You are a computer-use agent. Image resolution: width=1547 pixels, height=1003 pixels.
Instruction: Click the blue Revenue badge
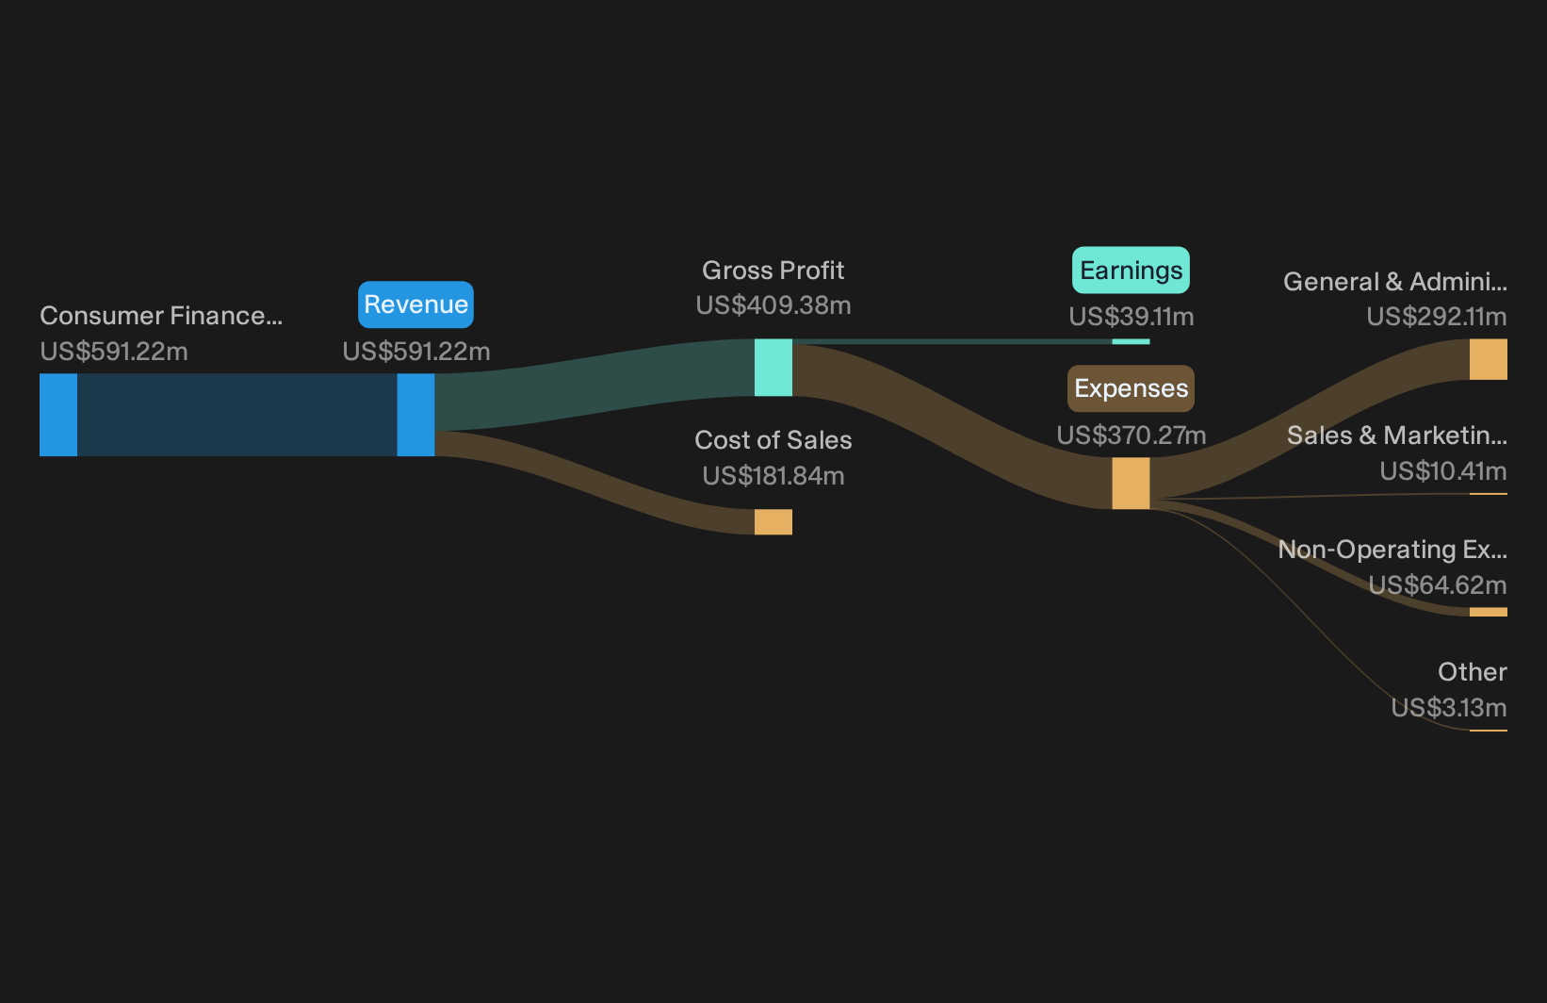point(415,304)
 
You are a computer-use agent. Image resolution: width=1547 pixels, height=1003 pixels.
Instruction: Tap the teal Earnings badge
point(1131,271)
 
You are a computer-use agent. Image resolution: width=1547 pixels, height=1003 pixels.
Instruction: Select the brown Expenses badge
point(1131,388)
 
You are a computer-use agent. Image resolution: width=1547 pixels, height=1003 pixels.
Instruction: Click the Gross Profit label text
point(773,271)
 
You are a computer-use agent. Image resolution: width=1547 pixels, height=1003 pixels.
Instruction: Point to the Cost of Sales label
point(773,440)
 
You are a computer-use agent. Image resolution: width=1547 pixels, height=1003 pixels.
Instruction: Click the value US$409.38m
point(773,305)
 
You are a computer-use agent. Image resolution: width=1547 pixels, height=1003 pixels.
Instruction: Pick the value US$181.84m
point(773,476)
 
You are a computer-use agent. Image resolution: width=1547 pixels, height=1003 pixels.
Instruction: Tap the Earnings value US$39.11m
point(1131,317)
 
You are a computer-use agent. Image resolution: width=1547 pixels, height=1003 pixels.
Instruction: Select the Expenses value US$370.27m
point(1131,436)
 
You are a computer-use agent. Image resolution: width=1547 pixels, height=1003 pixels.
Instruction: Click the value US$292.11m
point(1437,317)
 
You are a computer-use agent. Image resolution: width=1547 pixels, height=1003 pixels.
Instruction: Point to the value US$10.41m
point(1442,471)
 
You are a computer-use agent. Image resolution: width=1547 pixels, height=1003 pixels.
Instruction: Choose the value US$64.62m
point(1437,585)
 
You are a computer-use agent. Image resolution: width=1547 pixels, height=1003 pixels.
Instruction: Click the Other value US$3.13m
point(1448,708)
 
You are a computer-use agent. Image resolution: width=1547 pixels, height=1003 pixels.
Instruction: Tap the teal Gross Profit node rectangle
point(773,367)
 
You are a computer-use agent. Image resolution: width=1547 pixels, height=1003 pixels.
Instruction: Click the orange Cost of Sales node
point(773,522)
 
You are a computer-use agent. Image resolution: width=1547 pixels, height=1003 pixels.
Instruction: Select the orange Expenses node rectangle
point(1131,484)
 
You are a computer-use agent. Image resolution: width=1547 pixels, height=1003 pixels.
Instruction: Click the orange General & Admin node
point(1489,359)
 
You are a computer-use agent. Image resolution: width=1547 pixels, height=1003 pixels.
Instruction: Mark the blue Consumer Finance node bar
point(58,415)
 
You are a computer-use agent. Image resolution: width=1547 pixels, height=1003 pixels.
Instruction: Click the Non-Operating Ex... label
point(1392,550)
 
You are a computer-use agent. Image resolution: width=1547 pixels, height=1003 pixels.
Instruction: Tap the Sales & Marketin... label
point(1397,436)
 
